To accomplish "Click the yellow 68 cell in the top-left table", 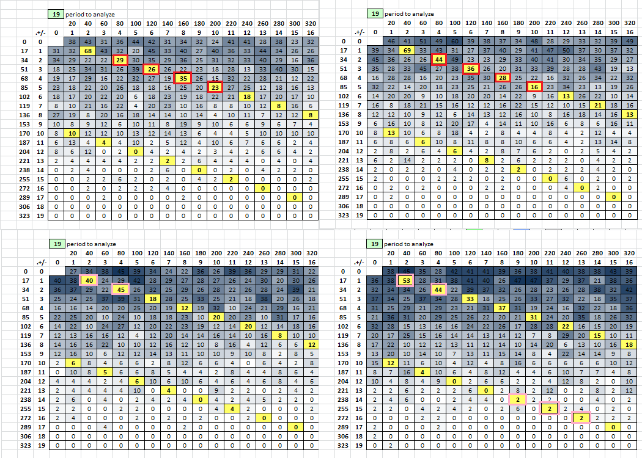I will [88, 50].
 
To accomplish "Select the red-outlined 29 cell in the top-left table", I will [120, 60].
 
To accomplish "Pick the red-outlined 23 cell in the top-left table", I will [215, 87].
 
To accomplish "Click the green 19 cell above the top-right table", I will [374, 13].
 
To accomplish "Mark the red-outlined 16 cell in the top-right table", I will [533, 87].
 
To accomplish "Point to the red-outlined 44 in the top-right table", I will [438, 60].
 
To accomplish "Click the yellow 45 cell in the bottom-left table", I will [120, 289].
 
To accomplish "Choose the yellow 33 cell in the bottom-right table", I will [470, 299].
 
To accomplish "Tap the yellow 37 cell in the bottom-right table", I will [501, 308].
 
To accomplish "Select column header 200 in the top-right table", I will [533, 23].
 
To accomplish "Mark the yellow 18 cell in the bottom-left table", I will [152, 299].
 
